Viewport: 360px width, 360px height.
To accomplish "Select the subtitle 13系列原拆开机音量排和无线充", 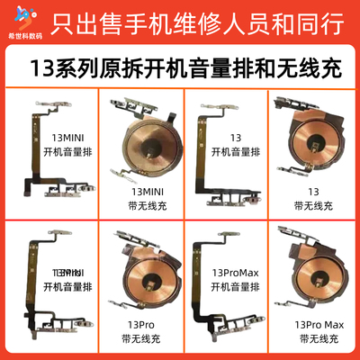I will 180,66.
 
